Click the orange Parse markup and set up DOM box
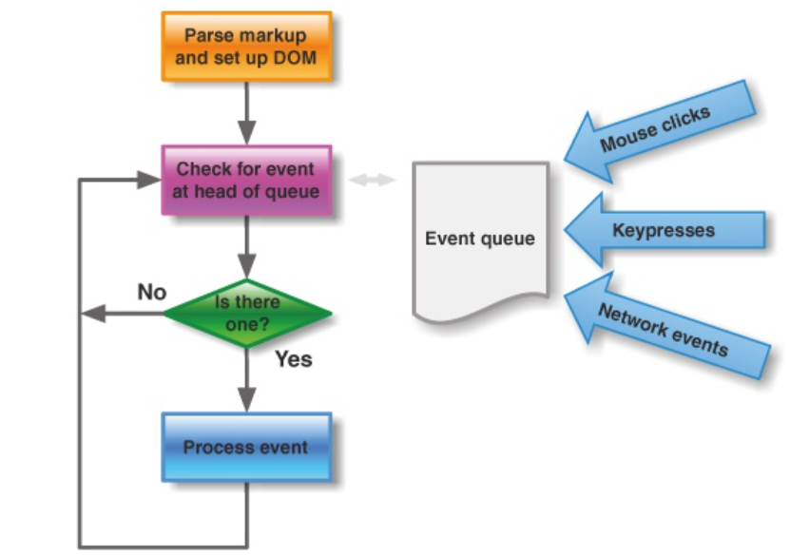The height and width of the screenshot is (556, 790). click(x=246, y=47)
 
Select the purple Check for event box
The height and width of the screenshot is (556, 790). click(x=246, y=181)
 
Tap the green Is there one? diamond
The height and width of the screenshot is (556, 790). click(x=247, y=314)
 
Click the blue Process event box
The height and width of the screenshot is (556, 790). click(x=246, y=448)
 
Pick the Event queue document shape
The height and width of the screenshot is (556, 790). click(x=480, y=240)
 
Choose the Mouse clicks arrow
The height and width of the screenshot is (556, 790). click(x=660, y=132)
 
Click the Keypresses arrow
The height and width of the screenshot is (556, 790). click(x=665, y=230)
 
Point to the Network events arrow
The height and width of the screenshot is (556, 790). click(x=665, y=325)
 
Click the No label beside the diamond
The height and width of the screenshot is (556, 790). click(x=152, y=292)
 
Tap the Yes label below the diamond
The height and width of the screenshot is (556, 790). click(x=294, y=359)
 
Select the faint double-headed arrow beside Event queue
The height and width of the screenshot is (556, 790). click(x=373, y=180)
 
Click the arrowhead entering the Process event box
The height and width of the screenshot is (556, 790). click(x=246, y=399)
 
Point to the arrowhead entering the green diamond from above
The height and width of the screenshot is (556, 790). click(x=246, y=266)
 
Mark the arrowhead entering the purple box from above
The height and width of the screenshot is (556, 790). click(x=246, y=132)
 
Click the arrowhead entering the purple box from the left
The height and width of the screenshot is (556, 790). click(x=148, y=180)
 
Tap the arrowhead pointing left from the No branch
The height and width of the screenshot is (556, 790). click(x=93, y=314)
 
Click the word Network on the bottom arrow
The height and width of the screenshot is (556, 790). click(x=633, y=321)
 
